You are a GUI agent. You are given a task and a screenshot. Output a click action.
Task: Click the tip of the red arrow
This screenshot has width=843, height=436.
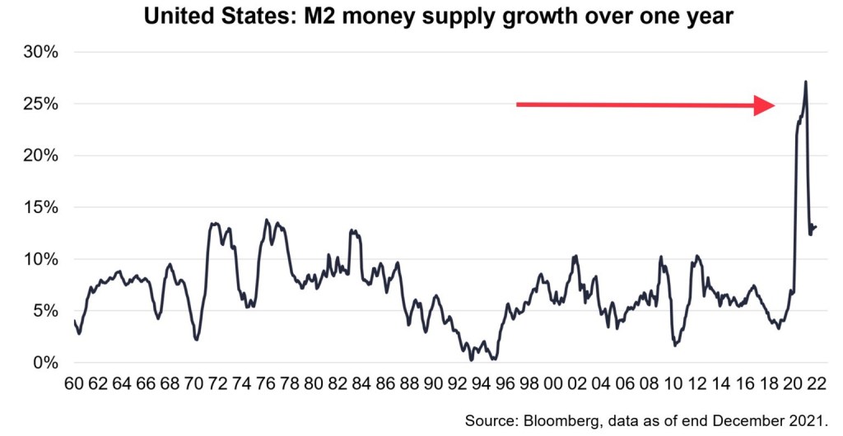[x=775, y=105]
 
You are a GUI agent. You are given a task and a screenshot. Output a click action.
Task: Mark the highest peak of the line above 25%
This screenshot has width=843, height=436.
[x=805, y=81]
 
